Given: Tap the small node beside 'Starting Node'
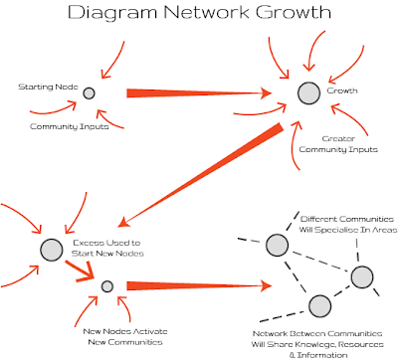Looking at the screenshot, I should [x=89, y=92].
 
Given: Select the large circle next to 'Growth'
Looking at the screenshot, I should [x=308, y=92].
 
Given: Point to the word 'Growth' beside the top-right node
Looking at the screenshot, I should [x=342, y=91].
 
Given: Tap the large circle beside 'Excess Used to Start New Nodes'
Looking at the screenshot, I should [x=52, y=249].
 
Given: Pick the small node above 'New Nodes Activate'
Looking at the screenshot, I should [x=108, y=286].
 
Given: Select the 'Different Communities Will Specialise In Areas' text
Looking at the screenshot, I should [x=348, y=224].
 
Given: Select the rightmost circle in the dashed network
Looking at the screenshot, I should [x=361, y=277].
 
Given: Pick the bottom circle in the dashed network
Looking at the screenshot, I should [x=318, y=304].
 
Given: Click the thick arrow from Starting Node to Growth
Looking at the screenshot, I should [x=199, y=93].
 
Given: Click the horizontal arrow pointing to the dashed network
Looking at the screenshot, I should [x=199, y=287].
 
